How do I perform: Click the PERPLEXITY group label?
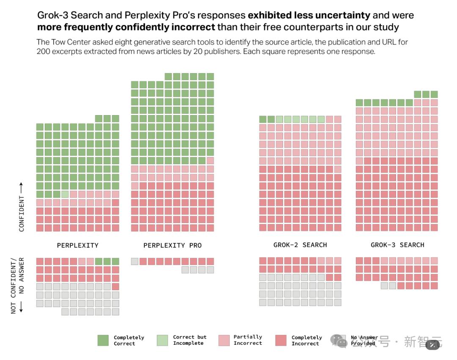pos(77,245)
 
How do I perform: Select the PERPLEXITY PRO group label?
pos(172,245)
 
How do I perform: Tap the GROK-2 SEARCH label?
pos(300,245)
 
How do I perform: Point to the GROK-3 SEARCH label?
pos(397,245)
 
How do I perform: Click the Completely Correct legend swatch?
pos(103,341)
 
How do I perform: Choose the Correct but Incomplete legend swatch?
pos(162,341)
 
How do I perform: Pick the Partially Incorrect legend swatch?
pos(224,341)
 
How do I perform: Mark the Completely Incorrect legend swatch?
pos(281,341)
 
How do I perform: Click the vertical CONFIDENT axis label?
pos(22,207)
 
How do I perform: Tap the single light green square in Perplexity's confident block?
pos(65,194)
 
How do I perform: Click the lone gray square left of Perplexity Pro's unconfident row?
pos(135,261)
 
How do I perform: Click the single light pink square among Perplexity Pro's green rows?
pos(210,161)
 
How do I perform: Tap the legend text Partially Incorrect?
pos(248,340)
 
